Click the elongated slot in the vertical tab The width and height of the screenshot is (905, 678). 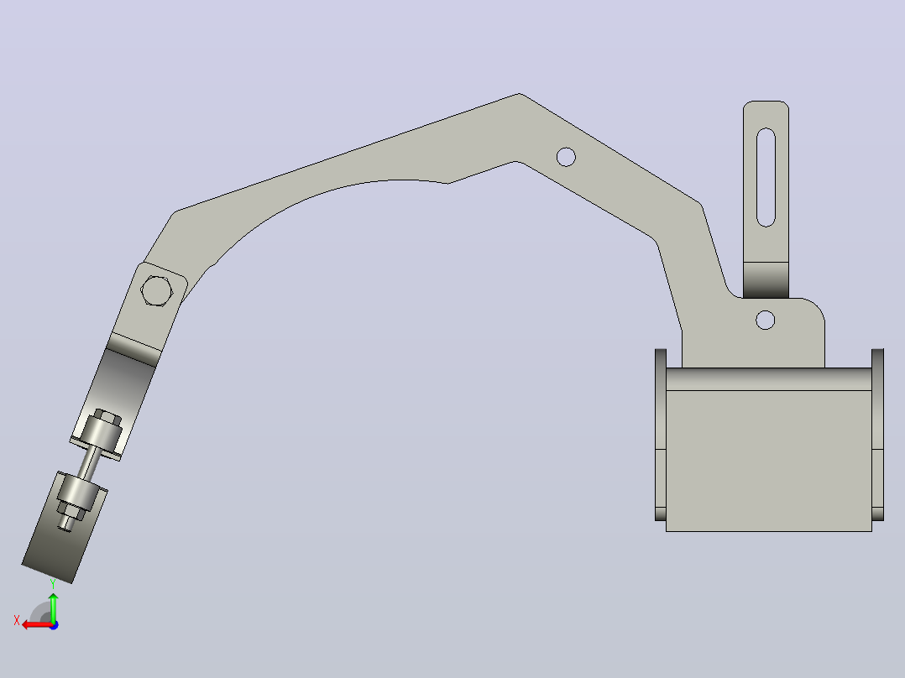(x=766, y=177)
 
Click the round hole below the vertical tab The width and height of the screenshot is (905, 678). (x=766, y=320)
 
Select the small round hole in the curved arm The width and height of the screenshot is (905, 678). (x=566, y=157)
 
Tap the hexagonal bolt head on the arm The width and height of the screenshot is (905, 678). (x=156, y=291)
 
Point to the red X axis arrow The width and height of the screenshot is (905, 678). (x=37, y=625)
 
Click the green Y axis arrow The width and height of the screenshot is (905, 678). (x=53, y=608)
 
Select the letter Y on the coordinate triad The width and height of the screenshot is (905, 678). (x=53, y=584)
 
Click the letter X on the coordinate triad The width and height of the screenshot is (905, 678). (x=17, y=620)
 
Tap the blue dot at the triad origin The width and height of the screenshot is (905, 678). (x=54, y=625)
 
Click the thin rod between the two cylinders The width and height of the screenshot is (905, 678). (x=90, y=463)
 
